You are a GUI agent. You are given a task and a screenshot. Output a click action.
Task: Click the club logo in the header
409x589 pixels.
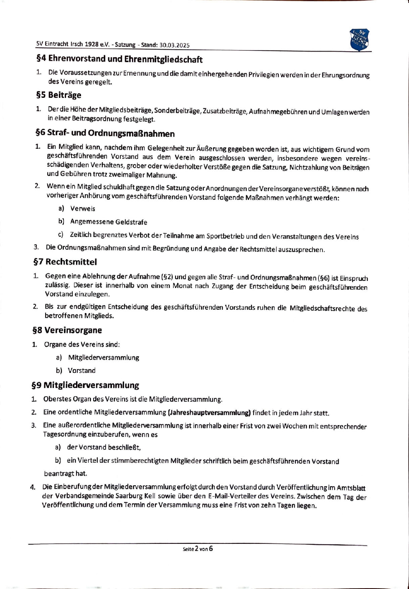click(x=360, y=40)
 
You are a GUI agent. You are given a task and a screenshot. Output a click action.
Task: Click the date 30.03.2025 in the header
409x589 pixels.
click(x=174, y=45)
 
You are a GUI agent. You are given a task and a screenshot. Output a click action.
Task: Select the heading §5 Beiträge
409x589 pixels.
click(x=58, y=95)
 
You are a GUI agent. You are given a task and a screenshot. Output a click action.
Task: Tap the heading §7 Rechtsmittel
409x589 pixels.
click(x=65, y=262)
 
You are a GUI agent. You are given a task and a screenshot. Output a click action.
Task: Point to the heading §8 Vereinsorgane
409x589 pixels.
click(x=67, y=330)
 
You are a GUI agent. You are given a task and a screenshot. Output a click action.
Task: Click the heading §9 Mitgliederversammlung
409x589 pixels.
click(x=85, y=385)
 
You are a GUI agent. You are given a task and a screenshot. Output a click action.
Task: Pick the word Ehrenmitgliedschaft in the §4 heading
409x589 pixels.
click(x=163, y=59)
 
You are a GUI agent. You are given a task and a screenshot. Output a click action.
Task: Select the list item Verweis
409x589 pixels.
click(x=83, y=209)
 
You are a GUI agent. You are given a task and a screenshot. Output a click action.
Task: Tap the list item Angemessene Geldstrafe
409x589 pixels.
click(x=109, y=222)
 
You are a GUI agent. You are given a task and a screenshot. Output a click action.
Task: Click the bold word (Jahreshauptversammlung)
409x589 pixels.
click(x=209, y=413)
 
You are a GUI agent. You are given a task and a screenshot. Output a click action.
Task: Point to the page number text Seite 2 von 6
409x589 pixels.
click(x=198, y=549)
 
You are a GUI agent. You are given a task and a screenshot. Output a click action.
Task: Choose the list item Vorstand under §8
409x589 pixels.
click(x=82, y=370)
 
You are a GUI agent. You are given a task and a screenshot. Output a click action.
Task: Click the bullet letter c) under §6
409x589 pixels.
click(x=61, y=235)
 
